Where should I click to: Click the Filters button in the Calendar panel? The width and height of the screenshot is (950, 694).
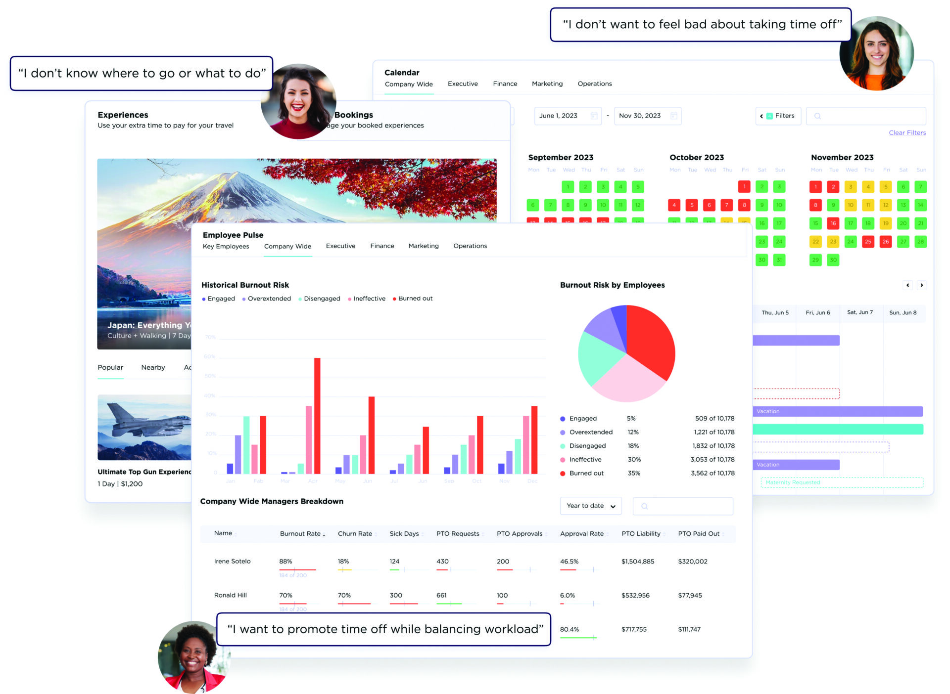pyautogui.click(x=778, y=116)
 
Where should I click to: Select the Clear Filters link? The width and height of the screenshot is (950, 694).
pyautogui.click(x=907, y=132)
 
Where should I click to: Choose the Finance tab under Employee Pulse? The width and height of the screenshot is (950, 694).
pyautogui.click(x=382, y=246)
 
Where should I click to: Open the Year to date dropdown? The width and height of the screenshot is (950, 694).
pyautogui.click(x=591, y=506)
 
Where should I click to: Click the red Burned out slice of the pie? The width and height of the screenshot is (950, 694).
pyautogui.click(x=651, y=341)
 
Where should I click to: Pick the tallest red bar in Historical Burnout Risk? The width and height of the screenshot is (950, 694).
pyautogui.click(x=317, y=415)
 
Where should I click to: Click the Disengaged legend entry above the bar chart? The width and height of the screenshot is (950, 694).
pyautogui.click(x=322, y=299)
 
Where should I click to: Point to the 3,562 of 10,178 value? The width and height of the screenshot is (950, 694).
pyautogui.click(x=712, y=473)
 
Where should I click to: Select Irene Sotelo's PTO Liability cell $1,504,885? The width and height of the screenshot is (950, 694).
pyautogui.click(x=638, y=562)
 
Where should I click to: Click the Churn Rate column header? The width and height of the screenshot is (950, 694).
pyautogui.click(x=355, y=534)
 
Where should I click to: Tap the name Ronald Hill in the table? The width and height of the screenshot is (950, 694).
pyautogui.click(x=230, y=595)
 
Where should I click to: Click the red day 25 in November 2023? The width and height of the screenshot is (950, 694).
pyautogui.click(x=868, y=242)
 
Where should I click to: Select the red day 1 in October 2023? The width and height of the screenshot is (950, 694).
pyautogui.click(x=744, y=187)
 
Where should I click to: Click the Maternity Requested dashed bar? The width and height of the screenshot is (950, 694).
pyautogui.click(x=841, y=482)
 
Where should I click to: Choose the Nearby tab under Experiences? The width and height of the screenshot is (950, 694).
pyautogui.click(x=153, y=367)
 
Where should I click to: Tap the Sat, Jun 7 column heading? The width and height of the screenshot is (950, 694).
pyautogui.click(x=860, y=312)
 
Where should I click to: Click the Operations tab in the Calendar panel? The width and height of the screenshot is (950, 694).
pyautogui.click(x=594, y=84)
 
